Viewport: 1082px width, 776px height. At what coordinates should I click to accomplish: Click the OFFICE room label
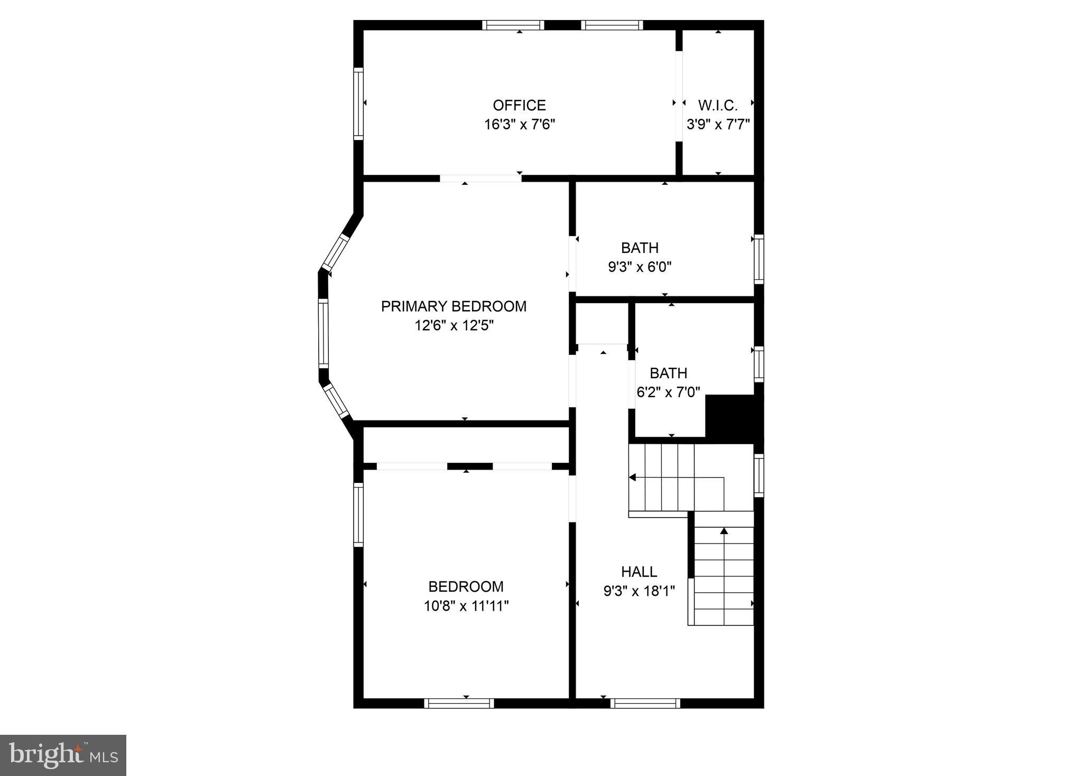[x=519, y=105]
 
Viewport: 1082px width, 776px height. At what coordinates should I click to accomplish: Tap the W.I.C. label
[x=718, y=105]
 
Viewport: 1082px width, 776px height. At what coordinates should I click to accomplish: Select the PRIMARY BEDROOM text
[x=454, y=306]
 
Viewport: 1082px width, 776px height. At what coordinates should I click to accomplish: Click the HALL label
[x=639, y=572]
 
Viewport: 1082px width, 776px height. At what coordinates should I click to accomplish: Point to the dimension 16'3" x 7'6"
[x=520, y=125]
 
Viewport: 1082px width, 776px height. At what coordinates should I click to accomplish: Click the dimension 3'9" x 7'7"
[x=718, y=125]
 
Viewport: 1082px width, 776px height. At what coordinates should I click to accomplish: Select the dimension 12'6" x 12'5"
[x=454, y=325]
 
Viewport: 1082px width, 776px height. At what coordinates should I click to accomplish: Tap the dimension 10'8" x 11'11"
[x=466, y=606]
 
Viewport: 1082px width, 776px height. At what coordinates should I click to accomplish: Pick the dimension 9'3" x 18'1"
[x=639, y=591]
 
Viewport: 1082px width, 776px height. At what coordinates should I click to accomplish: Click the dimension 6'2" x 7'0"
[x=668, y=392]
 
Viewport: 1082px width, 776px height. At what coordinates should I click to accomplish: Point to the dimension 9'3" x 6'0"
[x=640, y=267]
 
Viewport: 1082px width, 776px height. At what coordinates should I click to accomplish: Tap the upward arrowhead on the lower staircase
[x=724, y=530]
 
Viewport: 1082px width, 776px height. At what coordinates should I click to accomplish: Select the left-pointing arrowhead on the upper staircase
[x=633, y=478]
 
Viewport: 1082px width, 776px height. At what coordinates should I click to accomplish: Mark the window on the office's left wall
[x=358, y=104]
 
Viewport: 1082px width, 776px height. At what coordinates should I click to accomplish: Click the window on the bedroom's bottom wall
[x=458, y=703]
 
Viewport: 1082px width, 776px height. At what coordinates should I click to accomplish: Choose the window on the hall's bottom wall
[x=645, y=703]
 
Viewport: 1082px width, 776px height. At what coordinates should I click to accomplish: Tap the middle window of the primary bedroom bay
[x=323, y=333]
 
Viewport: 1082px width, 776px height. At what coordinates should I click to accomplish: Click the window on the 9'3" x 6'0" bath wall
[x=759, y=259]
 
